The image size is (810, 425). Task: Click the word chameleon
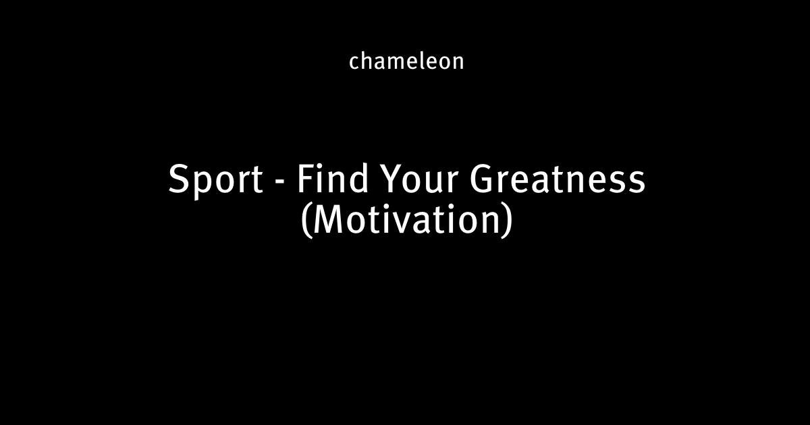coord(406,61)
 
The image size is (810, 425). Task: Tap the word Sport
coord(215,180)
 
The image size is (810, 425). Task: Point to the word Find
coord(332,178)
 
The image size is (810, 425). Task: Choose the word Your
coord(420,179)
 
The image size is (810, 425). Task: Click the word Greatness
coord(558,179)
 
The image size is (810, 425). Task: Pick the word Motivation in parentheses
coord(406,219)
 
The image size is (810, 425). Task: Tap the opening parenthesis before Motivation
coord(306,221)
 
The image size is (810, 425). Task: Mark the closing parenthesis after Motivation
coord(508,221)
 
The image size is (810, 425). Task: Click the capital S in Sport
coord(179,179)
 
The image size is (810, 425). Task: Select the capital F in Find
coord(306,179)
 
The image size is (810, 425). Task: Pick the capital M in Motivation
coord(327,220)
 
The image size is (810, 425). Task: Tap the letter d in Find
coord(358,178)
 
